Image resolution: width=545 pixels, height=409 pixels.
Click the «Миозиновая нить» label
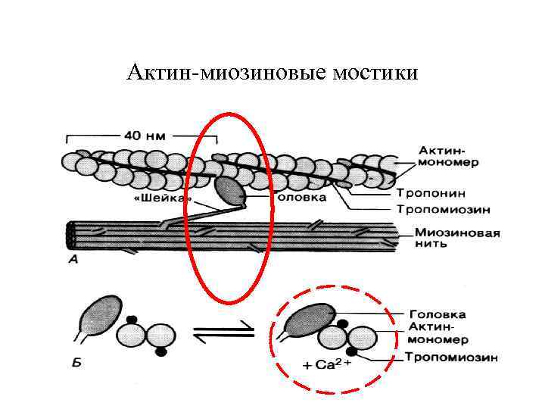click(457, 239)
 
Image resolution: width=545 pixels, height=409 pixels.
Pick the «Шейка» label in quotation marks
click(162, 201)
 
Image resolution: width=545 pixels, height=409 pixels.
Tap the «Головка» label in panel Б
click(438, 314)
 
